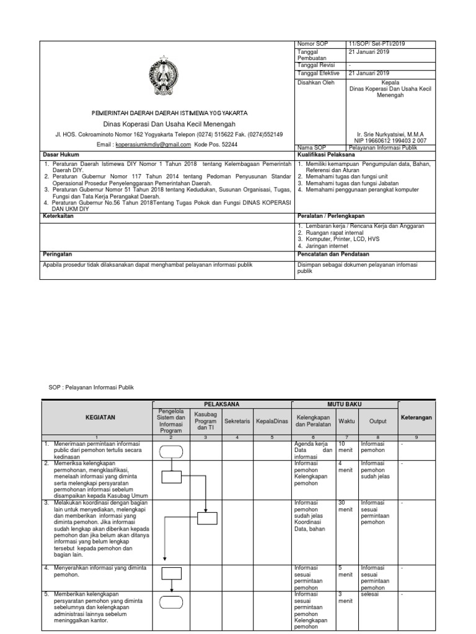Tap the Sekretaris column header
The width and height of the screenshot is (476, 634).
pyautogui.click(x=237, y=420)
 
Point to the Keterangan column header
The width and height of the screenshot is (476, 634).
pyautogui.click(x=416, y=417)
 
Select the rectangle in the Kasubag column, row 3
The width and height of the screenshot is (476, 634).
pyautogui.click(x=207, y=518)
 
